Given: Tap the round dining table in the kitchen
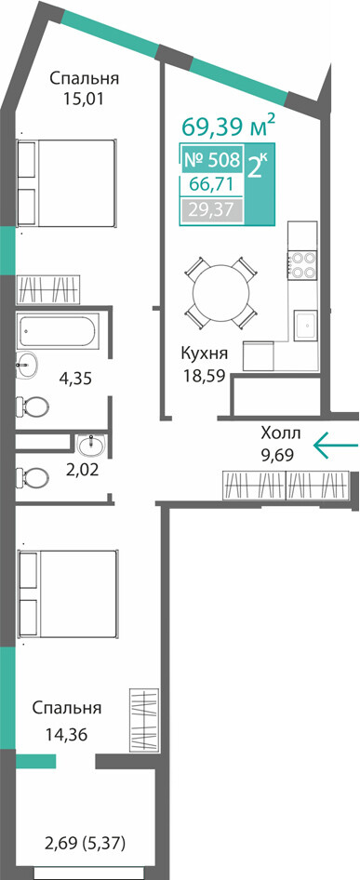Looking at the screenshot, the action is coord(220,292).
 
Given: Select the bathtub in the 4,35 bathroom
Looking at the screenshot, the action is coord(58,330).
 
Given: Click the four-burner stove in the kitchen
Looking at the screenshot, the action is coord(302,265).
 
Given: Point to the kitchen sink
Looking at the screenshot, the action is coord(305,325).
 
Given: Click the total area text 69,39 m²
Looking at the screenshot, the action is coord(229,127).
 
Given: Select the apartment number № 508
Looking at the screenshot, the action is coord(212,161).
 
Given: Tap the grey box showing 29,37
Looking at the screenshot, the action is coord(212,211).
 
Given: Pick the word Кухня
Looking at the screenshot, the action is coord(204,353).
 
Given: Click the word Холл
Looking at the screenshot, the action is coord(281,433).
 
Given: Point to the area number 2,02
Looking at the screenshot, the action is coord(82,469).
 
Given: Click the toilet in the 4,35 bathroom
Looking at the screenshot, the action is coord(33,406).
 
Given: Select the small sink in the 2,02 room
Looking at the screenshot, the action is coord(90,446).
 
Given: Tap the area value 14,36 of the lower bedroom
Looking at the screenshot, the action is coord(67,734).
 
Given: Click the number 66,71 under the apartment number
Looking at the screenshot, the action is coord(212,184).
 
